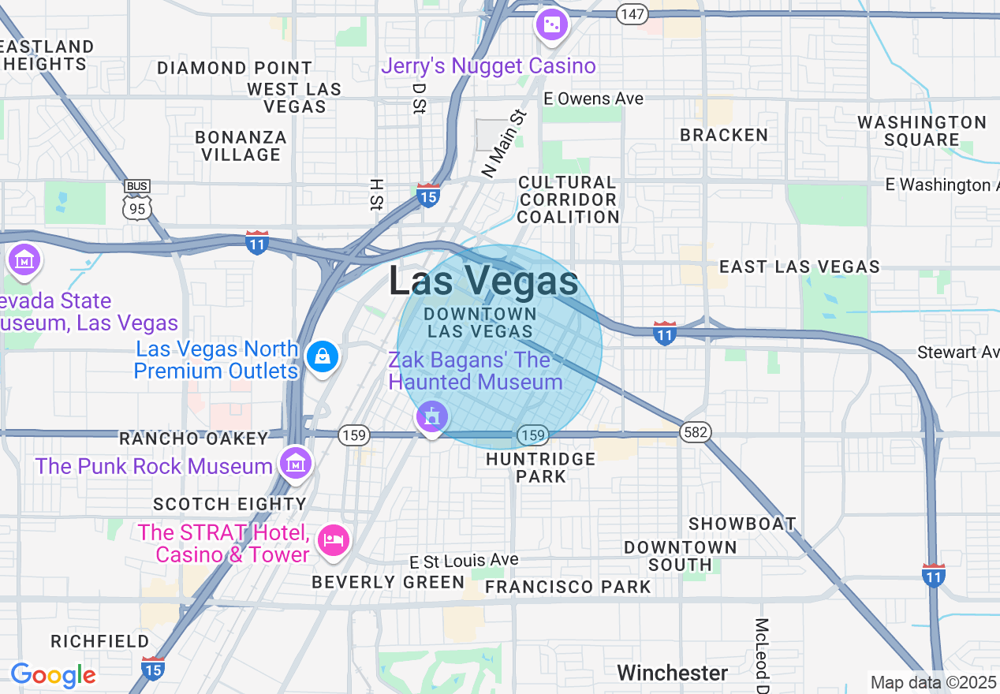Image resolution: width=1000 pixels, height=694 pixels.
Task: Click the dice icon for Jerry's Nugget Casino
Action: (x=552, y=25)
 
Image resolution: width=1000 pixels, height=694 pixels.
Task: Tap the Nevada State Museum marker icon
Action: (x=24, y=259)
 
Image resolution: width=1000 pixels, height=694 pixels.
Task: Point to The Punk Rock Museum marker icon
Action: (x=296, y=463)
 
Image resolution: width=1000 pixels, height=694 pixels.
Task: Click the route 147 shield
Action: (x=632, y=13)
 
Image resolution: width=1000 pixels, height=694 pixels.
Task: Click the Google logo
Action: (x=53, y=675)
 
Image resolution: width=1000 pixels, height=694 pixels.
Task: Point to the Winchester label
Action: (x=672, y=673)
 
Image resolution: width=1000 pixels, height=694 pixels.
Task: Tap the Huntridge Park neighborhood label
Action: (x=541, y=467)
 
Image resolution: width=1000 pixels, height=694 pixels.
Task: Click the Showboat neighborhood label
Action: (x=742, y=524)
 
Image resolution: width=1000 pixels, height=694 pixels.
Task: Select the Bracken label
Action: (x=724, y=135)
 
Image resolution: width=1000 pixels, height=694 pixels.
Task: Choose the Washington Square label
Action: (x=921, y=131)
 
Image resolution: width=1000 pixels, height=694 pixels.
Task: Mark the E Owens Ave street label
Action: (x=594, y=99)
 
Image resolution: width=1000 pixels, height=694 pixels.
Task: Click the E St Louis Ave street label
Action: (x=465, y=561)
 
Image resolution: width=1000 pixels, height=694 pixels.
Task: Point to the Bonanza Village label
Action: (x=241, y=146)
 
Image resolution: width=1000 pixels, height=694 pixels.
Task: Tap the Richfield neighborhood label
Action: (x=100, y=641)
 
